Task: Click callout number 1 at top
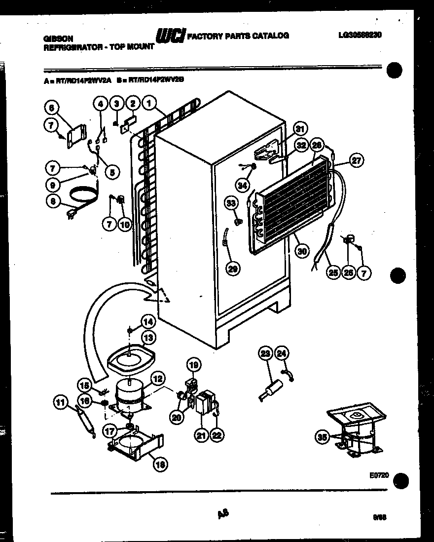pyautogui.click(x=148, y=104)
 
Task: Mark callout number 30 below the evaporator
pyautogui.click(x=302, y=251)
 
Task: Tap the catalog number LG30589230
pyautogui.click(x=360, y=35)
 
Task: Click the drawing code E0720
pyautogui.click(x=379, y=475)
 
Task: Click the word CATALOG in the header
pyautogui.click(x=271, y=36)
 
